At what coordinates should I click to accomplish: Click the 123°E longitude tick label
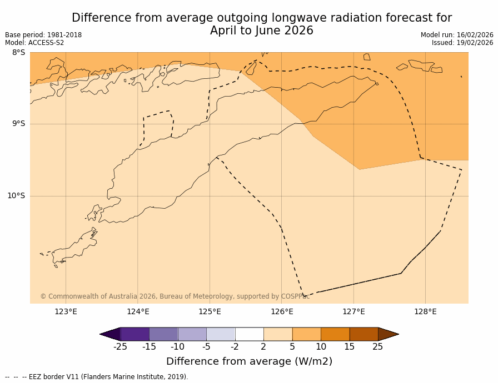pyautogui.click(x=66, y=311)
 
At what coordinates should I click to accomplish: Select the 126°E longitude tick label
pyautogui.click(x=282, y=311)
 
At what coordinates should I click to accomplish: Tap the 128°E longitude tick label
pyautogui.click(x=425, y=311)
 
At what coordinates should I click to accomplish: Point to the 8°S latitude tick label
pyautogui.click(x=18, y=53)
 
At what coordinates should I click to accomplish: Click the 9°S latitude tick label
pyautogui.click(x=18, y=124)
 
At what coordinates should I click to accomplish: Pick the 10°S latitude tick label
pyautogui.click(x=16, y=196)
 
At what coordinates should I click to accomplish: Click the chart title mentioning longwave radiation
pyautogui.click(x=262, y=24)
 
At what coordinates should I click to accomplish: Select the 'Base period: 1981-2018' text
pyautogui.click(x=43, y=35)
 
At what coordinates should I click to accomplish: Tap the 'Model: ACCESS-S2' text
pyautogui.click(x=34, y=43)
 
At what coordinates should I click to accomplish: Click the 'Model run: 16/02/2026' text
pyautogui.click(x=457, y=35)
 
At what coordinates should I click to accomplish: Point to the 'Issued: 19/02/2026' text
pyautogui.click(x=462, y=43)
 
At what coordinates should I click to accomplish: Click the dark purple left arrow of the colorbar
pyautogui.click(x=110, y=334)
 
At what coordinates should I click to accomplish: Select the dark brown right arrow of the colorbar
pyautogui.click(x=388, y=334)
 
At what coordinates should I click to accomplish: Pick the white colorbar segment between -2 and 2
pyautogui.click(x=250, y=334)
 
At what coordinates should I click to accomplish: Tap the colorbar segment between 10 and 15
pyautogui.click(x=335, y=334)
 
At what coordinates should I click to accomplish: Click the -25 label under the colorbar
pyautogui.click(x=120, y=347)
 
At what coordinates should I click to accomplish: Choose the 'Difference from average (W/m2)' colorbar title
pyautogui.click(x=249, y=361)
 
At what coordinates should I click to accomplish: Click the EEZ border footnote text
pyautogui.click(x=97, y=377)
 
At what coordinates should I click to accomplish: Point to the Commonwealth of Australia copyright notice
pyautogui.click(x=174, y=296)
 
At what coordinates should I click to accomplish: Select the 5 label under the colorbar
pyautogui.click(x=292, y=347)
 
